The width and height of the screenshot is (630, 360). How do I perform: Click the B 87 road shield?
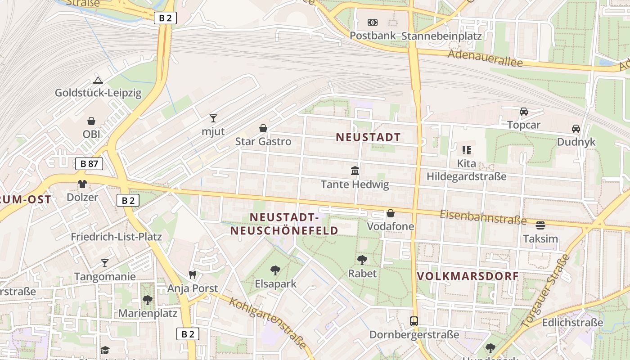click(89, 164)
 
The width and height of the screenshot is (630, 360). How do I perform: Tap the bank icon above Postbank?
click(372, 22)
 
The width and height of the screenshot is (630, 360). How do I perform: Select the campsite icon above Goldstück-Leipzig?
click(98, 81)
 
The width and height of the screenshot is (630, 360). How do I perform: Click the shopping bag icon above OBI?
click(91, 121)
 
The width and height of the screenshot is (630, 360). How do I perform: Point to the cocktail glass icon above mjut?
click(213, 118)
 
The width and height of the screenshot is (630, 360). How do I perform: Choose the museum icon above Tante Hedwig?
click(355, 171)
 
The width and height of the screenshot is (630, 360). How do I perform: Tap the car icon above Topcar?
click(524, 112)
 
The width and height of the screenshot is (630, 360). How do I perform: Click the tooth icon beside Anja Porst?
click(193, 274)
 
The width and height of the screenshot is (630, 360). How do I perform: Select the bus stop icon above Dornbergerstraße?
click(414, 321)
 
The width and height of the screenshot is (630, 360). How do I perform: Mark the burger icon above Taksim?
click(540, 225)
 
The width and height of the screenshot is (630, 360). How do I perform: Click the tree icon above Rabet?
click(362, 260)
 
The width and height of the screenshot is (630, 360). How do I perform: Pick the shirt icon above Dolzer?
click(82, 184)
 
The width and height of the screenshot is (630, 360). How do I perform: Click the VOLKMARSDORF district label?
click(468, 276)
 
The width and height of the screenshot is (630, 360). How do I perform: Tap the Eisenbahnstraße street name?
click(483, 217)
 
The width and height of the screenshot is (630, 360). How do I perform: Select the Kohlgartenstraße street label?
click(268, 323)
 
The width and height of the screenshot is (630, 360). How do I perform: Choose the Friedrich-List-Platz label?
click(116, 237)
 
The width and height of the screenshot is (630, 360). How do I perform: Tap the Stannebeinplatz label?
click(441, 36)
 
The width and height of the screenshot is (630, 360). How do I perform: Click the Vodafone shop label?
click(391, 226)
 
